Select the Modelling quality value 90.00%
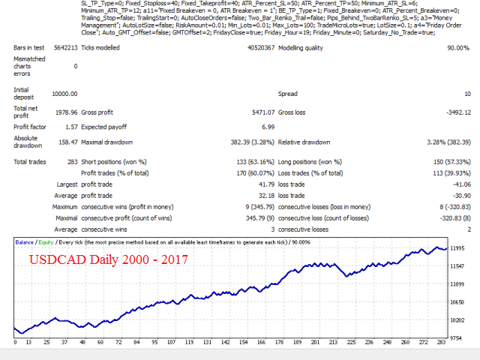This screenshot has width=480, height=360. tap(456, 48)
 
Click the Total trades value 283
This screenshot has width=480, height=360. tap(70, 161)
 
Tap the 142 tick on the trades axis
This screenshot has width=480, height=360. tap(226, 343)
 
